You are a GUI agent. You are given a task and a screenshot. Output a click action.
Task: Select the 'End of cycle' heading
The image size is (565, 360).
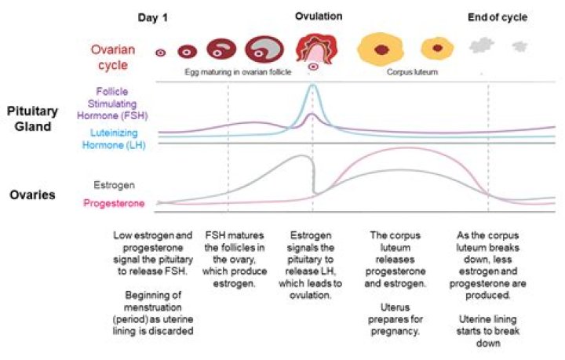497,17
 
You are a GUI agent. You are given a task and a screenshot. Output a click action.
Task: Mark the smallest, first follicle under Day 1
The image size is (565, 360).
160,53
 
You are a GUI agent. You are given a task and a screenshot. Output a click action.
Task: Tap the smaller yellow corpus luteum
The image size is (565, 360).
436,49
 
